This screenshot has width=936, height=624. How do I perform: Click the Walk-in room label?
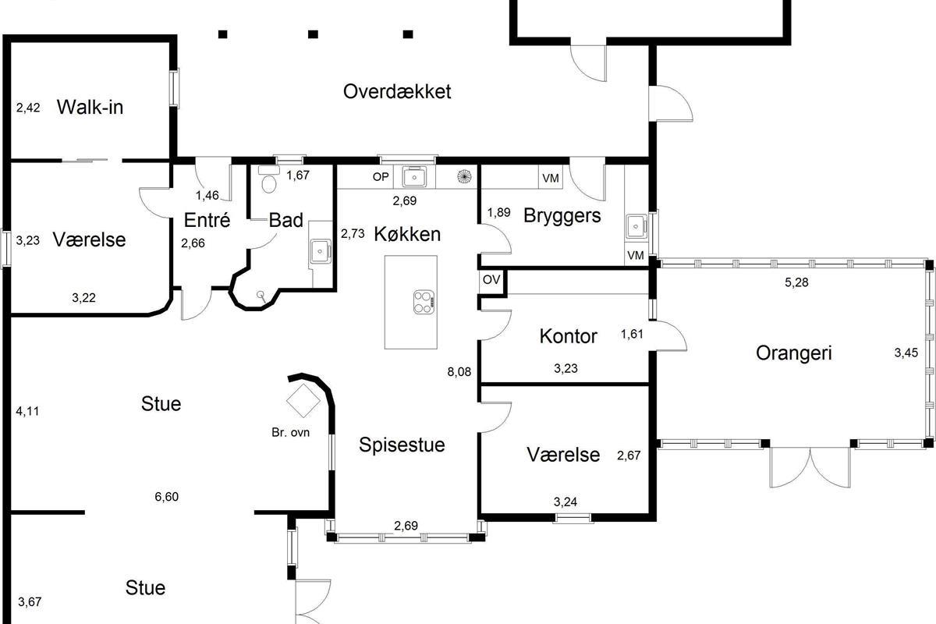[90, 107]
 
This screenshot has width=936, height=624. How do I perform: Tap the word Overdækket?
[397, 91]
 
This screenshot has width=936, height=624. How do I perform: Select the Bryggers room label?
[562, 215]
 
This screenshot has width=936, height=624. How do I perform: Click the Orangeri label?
[794, 353]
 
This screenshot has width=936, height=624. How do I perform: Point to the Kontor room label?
[568, 336]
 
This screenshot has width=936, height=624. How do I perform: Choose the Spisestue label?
[402, 445]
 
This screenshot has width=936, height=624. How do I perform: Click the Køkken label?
[406, 233]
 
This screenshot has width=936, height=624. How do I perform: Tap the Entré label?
[207, 220]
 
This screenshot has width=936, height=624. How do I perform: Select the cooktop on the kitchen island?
[424, 301]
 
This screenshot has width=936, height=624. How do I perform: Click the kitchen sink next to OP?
[413, 177]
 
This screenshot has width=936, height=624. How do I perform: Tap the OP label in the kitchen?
[380, 177]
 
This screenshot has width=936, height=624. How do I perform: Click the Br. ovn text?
[291, 431]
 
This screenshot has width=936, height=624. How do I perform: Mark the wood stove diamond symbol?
[303, 402]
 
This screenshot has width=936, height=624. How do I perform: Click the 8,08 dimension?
[458, 371]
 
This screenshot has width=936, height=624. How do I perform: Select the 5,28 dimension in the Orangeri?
[796, 282]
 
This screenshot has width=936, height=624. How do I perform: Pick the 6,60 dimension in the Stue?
[166, 496]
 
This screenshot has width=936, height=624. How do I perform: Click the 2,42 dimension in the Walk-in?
[28, 107]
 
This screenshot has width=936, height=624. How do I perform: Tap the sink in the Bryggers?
[636, 226]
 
